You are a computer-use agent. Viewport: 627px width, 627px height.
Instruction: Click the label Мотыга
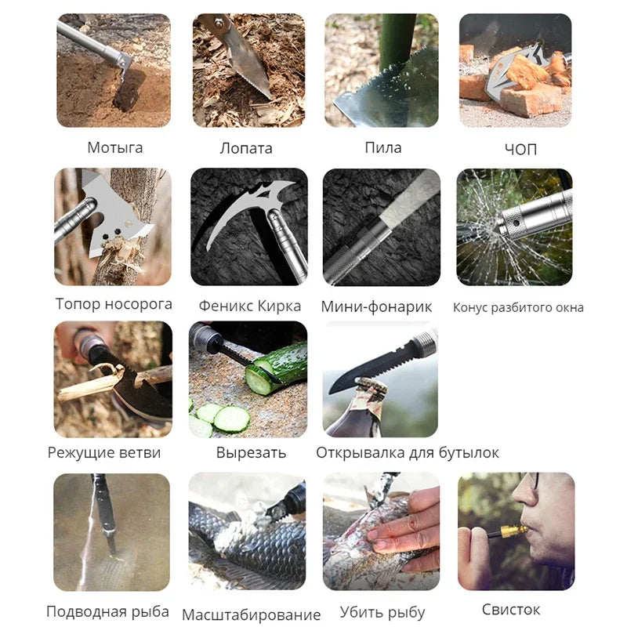[114, 148]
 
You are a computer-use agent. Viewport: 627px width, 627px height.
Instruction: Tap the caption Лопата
[246, 148]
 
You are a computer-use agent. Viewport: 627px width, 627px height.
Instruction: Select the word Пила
[382, 147]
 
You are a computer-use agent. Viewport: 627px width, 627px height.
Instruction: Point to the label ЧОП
[520, 150]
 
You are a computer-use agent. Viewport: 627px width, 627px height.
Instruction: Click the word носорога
[137, 304]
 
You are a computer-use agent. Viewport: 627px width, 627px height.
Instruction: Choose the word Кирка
[279, 306]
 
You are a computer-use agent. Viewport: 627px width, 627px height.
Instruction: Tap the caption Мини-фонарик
[376, 306]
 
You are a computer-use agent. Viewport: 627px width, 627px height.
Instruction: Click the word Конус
[469, 307]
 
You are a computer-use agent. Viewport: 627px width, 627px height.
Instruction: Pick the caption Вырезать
[251, 453]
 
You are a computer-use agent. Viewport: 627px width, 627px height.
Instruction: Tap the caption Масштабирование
[251, 614]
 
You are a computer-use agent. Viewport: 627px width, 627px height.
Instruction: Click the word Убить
[357, 612]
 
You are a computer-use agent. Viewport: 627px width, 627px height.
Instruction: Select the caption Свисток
[511, 610]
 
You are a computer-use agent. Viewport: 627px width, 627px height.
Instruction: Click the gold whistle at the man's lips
[514, 531]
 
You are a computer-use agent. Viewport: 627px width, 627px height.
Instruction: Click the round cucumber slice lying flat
[231, 419]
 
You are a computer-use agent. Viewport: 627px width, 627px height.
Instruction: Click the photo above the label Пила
[382, 71]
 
